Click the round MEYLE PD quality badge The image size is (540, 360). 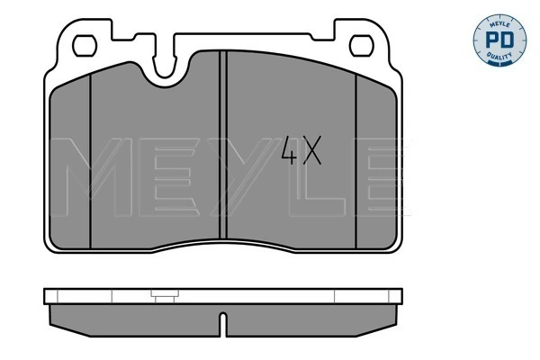[498, 39]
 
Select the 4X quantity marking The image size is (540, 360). [300, 152]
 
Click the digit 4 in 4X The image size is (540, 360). [289, 152]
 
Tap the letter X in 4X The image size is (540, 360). [310, 152]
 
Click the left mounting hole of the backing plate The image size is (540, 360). [87, 43]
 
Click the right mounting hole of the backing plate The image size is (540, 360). [362, 43]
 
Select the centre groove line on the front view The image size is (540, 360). [222, 144]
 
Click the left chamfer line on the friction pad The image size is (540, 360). [92, 157]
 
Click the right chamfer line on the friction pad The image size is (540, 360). [357, 157]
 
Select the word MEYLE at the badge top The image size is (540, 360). [498, 20]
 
